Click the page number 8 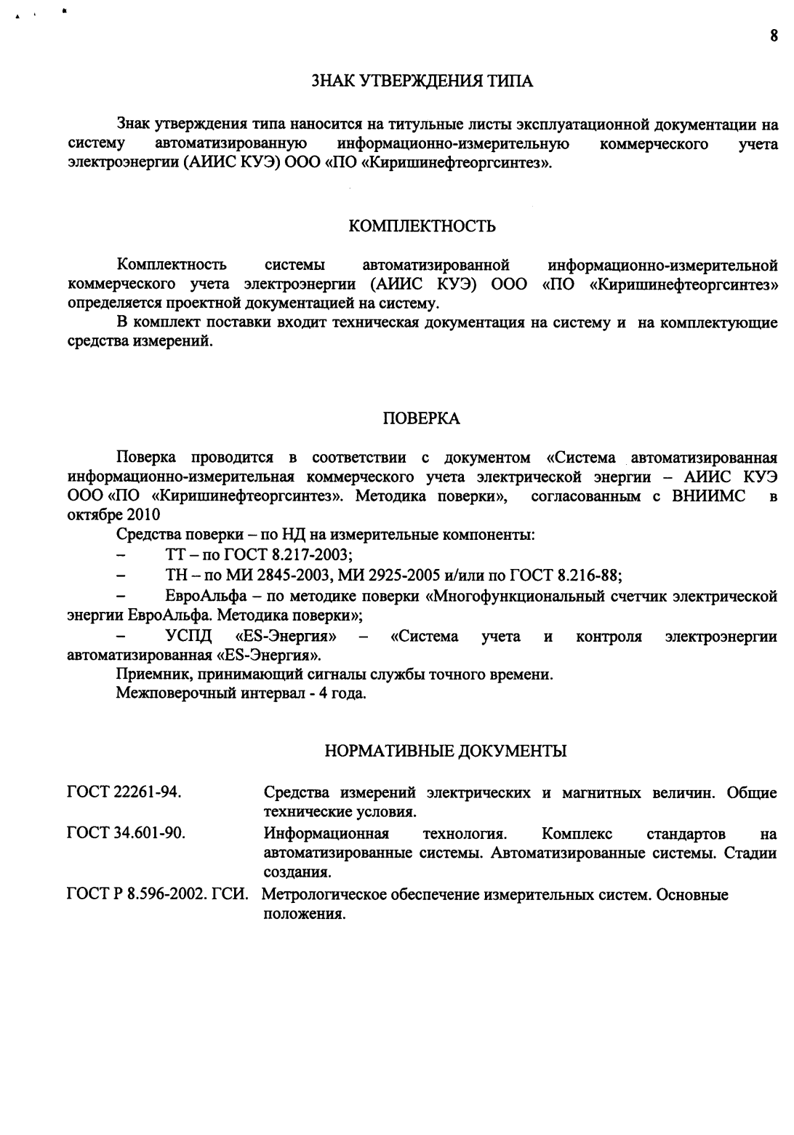click(x=774, y=35)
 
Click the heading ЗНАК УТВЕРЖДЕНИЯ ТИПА click(x=422, y=81)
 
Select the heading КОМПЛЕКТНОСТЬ click(x=422, y=226)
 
